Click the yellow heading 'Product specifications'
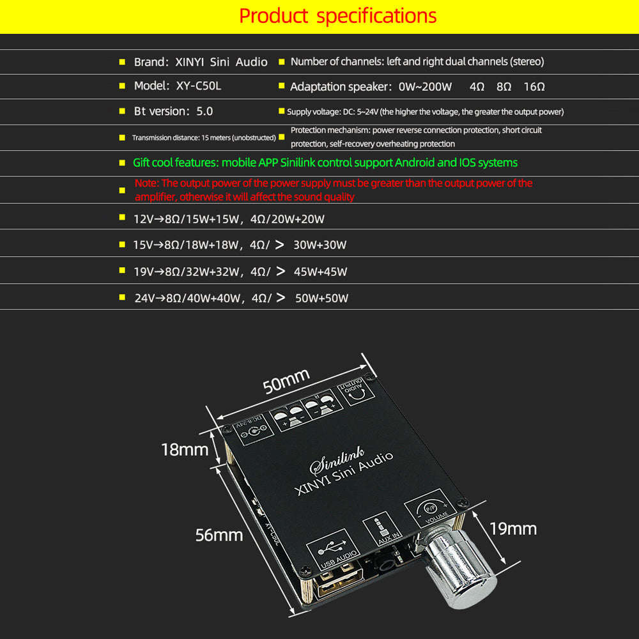pyautogui.click(x=338, y=16)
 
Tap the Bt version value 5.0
pyautogui.click(x=204, y=111)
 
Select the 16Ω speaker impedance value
pyautogui.click(x=534, y=86)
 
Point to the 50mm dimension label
pyautogui.click(x=286, y=381)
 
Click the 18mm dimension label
pyautogui.click(x=185, y=450)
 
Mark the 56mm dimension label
pyautogui.click(x=219, y=535)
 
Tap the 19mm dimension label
pyautogui.click(x=513, y=528)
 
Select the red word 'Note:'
pyautogui.click(x=148, y=183)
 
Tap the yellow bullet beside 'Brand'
pyautogui.click(x=121, y=62)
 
